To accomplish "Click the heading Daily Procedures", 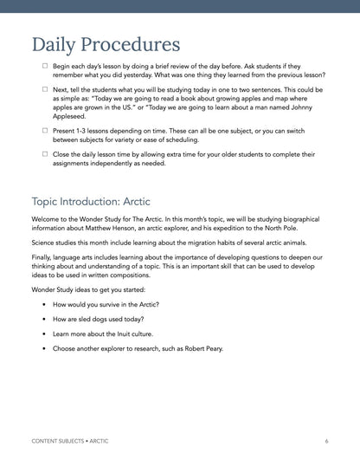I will tap(106, 44).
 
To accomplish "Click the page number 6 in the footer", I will tap(326, 441).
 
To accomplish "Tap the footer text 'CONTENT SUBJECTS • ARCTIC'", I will tap(70, 441).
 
